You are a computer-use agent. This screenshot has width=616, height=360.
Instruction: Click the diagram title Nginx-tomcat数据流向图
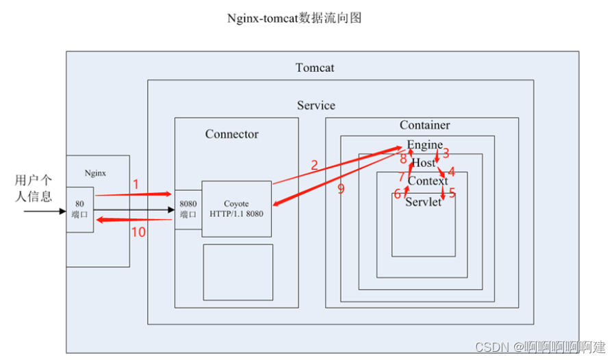294,18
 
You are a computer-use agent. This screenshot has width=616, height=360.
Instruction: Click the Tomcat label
315,68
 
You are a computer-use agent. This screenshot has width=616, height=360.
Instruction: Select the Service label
316,105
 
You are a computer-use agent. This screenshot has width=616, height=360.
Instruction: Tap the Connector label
232,134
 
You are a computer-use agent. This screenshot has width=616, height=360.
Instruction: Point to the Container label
424,125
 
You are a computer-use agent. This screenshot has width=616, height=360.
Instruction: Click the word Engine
424,145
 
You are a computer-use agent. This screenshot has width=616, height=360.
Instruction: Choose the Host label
423,163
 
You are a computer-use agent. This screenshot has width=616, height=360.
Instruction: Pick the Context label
427,181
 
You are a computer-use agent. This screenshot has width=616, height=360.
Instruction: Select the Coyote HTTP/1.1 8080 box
237,208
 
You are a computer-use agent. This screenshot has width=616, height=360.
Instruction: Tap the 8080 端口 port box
188,209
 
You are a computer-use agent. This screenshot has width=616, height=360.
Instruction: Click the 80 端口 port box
79,209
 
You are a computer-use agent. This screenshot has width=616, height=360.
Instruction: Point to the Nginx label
97,174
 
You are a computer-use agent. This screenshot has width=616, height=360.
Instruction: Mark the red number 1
136,184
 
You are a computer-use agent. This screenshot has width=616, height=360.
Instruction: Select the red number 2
314,165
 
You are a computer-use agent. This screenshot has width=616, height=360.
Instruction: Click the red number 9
341,189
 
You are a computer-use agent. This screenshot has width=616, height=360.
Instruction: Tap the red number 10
138,232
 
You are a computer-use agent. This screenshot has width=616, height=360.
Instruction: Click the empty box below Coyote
238,272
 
